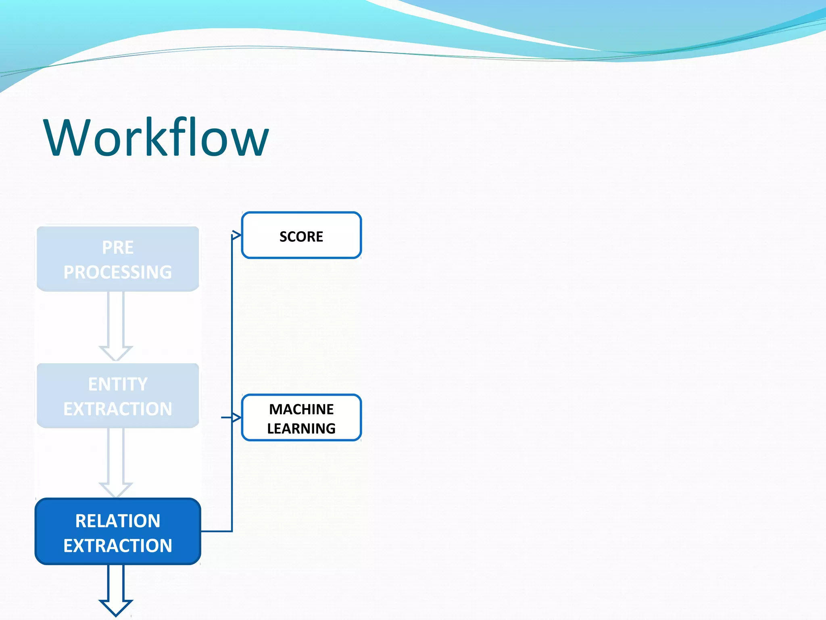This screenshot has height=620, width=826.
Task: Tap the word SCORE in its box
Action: (x=301, y=237)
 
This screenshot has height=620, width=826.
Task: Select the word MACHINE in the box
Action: (x=301, y=409)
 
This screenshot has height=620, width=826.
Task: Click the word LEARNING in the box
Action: (x=301, y=428)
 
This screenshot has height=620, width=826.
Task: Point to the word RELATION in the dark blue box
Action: (x=118, y=521)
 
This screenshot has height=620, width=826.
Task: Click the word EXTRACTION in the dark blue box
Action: (x=118, y=546)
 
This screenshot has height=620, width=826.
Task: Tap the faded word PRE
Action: (x=118, y=247)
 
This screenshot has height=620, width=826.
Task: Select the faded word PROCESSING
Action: (x=118, y=272)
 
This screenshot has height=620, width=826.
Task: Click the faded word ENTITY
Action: (x=118, y=384)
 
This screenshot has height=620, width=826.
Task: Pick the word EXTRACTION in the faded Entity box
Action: (x=118, y=409)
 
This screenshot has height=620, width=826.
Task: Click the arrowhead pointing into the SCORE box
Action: (x=237, y=235)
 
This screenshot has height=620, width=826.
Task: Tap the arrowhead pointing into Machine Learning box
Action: (x=237, y=417)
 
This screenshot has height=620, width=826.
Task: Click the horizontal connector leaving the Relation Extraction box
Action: (x=216, y=531)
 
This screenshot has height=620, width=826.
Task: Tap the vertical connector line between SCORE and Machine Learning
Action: (x=232, y=327)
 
